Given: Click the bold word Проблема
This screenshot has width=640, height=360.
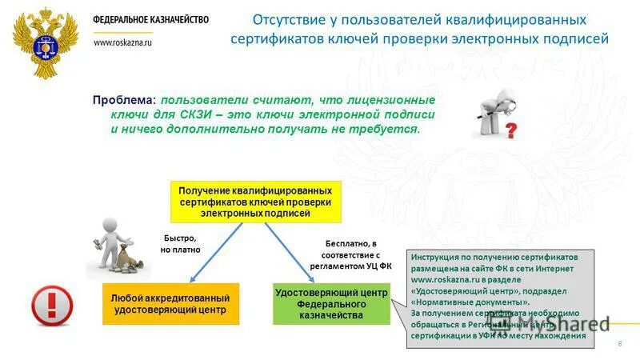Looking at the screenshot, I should [124, 101].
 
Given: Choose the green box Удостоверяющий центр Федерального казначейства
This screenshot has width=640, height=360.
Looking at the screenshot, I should [331, 304].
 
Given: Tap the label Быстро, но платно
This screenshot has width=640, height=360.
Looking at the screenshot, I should [181, 244].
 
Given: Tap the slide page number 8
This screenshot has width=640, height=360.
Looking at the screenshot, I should [619, 343].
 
